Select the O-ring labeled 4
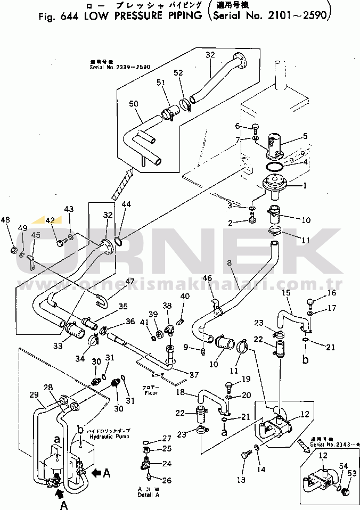pyautogui.click(x=276, y=167)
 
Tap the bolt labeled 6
pyautogui.click(x=255, y=127)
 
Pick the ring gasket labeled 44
pyautogui.click(x=119, y=242)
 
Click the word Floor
pyautogui.click(x=152, y=394)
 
